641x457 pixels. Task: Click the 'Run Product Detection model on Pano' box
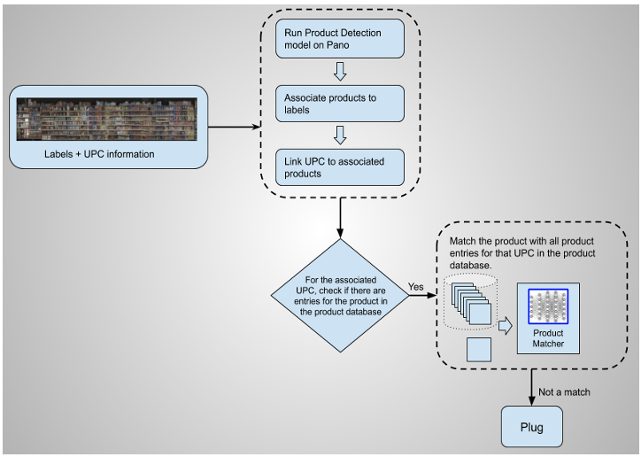340,38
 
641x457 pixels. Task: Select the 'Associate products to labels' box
340,103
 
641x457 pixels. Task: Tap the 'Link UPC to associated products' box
340,167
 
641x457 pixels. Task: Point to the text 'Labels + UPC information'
99,153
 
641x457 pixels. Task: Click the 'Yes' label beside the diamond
416,288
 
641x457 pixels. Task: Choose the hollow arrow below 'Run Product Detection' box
340,71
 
